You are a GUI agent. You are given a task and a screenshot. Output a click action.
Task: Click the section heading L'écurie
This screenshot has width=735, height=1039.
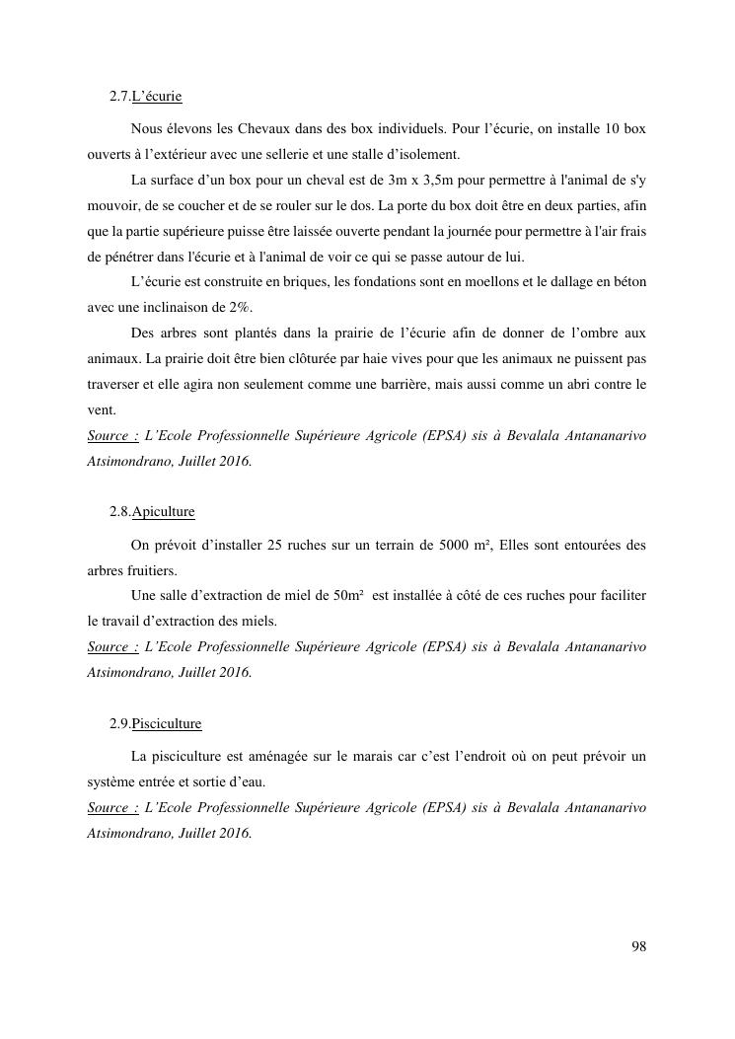point(157,97)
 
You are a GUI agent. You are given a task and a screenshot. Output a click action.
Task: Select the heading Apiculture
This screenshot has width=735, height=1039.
point(163,512)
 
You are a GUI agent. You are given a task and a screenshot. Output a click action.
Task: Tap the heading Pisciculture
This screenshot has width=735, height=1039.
point(166,723)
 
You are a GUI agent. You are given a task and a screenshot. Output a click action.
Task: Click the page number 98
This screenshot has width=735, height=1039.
point(638,946)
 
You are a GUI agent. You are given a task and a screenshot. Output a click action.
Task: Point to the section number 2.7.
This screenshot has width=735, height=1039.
point(119,97)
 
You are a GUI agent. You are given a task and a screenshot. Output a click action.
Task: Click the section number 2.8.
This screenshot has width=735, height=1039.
point(119,512)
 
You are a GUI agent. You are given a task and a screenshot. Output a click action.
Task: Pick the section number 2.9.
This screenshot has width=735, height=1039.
point(119,723)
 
